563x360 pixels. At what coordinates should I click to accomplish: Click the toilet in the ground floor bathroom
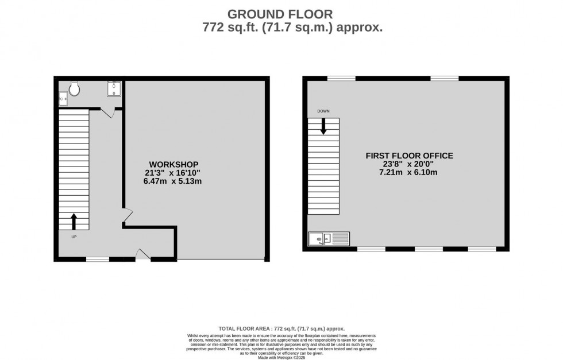point(74,89)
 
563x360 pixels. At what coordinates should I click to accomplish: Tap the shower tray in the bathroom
point(113,88)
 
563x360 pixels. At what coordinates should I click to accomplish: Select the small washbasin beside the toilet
point(63,99)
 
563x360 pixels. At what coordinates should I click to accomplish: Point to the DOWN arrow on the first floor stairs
point(323,126)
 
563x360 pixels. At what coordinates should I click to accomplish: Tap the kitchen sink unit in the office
point(329,238)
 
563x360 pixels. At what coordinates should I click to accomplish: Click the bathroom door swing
point(107,113)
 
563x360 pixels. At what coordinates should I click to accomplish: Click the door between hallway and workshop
point(127,217)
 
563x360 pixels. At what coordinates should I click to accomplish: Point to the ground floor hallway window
point(98,260)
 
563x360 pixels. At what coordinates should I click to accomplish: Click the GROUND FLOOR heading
point(280,13)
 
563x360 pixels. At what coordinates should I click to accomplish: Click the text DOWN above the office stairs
point(323,111)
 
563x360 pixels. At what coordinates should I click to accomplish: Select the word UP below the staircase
point(74,236)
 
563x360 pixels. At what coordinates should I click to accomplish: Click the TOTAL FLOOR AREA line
point(281,328)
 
